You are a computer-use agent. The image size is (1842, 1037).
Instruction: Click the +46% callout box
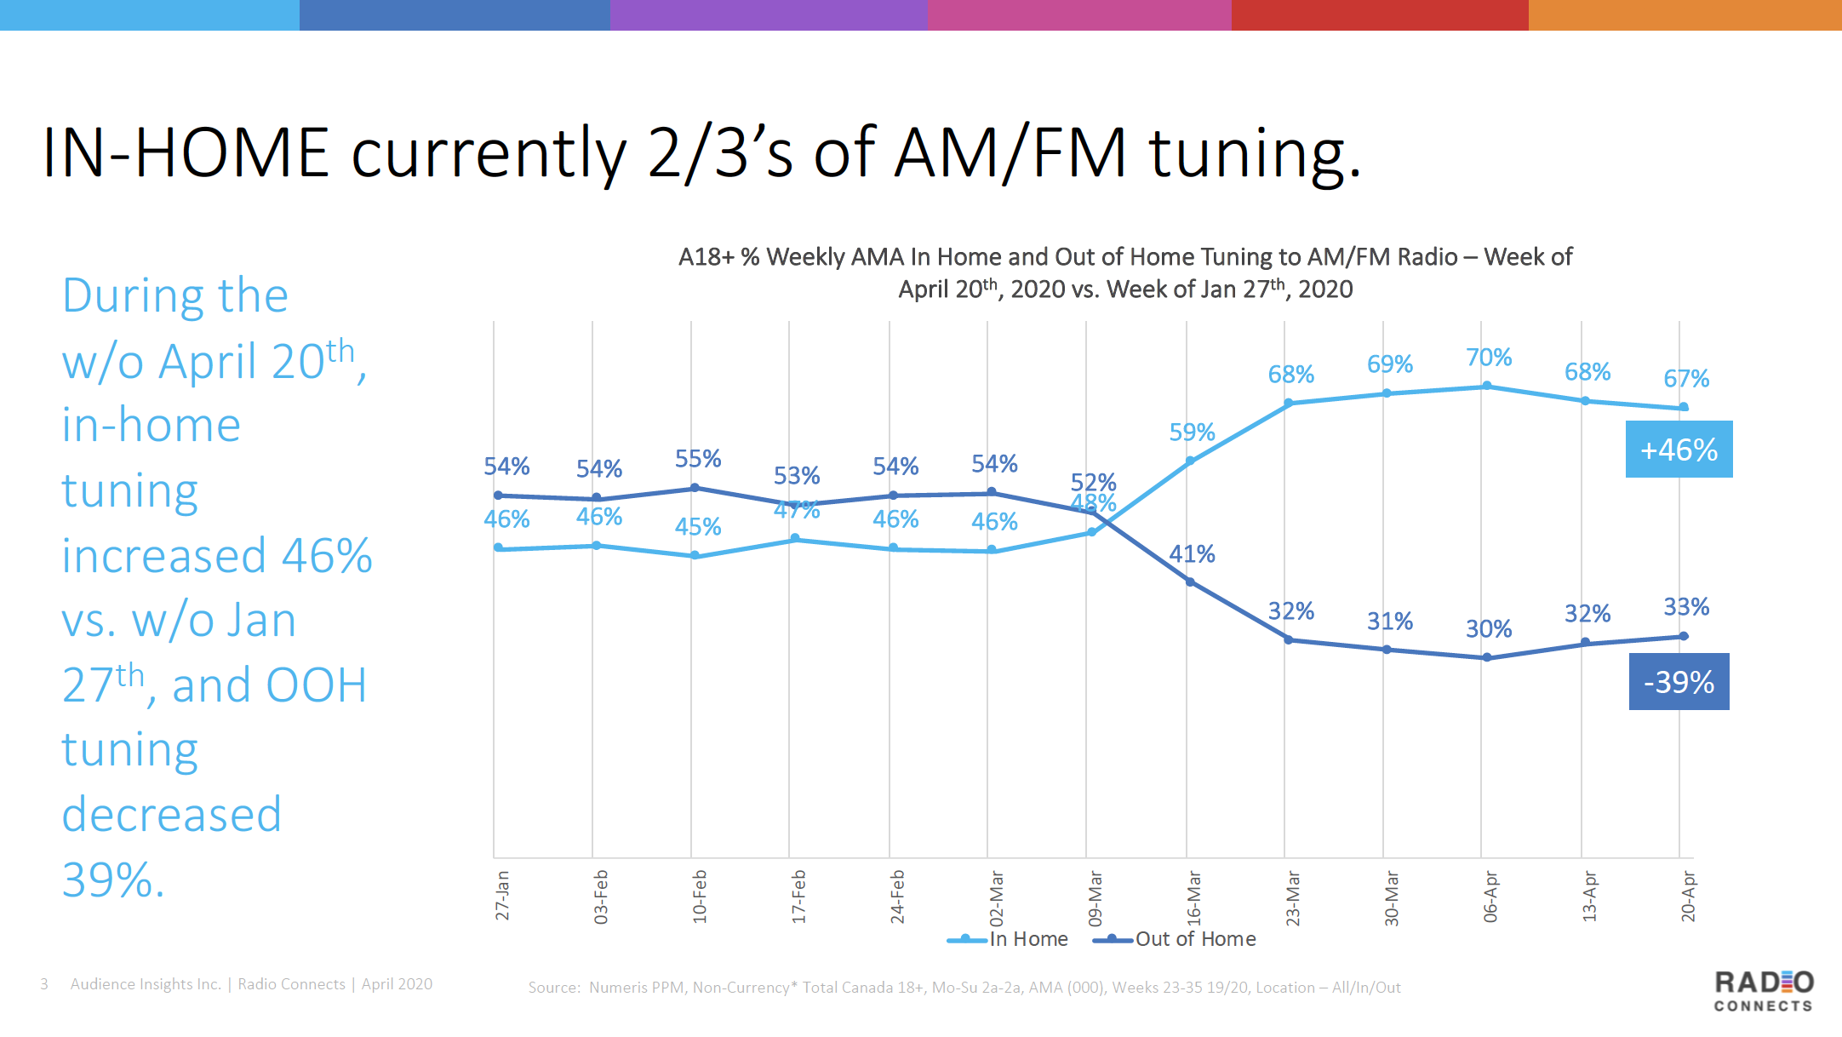1679,450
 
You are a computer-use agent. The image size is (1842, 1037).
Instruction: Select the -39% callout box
1679,682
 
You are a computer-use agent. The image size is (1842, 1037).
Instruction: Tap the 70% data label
1489,358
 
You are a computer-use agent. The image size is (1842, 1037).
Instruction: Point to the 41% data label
1192,554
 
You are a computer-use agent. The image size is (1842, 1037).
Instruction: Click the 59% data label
1192,433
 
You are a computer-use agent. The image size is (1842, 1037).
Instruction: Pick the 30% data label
1489,629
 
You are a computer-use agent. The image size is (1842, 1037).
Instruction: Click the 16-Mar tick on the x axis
1194,897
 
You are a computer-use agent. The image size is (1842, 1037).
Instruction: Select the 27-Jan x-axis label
502,895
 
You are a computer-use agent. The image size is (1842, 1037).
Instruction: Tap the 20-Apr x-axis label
1688,897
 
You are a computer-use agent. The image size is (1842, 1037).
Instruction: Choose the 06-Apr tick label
1490,897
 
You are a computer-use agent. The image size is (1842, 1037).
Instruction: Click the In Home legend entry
1009,939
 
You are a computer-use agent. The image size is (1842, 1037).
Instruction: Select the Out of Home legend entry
1176,939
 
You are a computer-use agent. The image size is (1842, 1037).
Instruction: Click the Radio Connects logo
1764,991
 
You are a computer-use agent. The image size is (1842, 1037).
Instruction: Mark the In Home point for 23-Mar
1289,403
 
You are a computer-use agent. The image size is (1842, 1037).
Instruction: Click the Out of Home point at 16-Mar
1190,582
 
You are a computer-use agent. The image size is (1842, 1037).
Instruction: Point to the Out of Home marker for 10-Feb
695,488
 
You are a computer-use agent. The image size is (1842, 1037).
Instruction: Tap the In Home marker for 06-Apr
1487,386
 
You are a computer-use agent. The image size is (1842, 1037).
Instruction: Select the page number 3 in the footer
44,984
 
